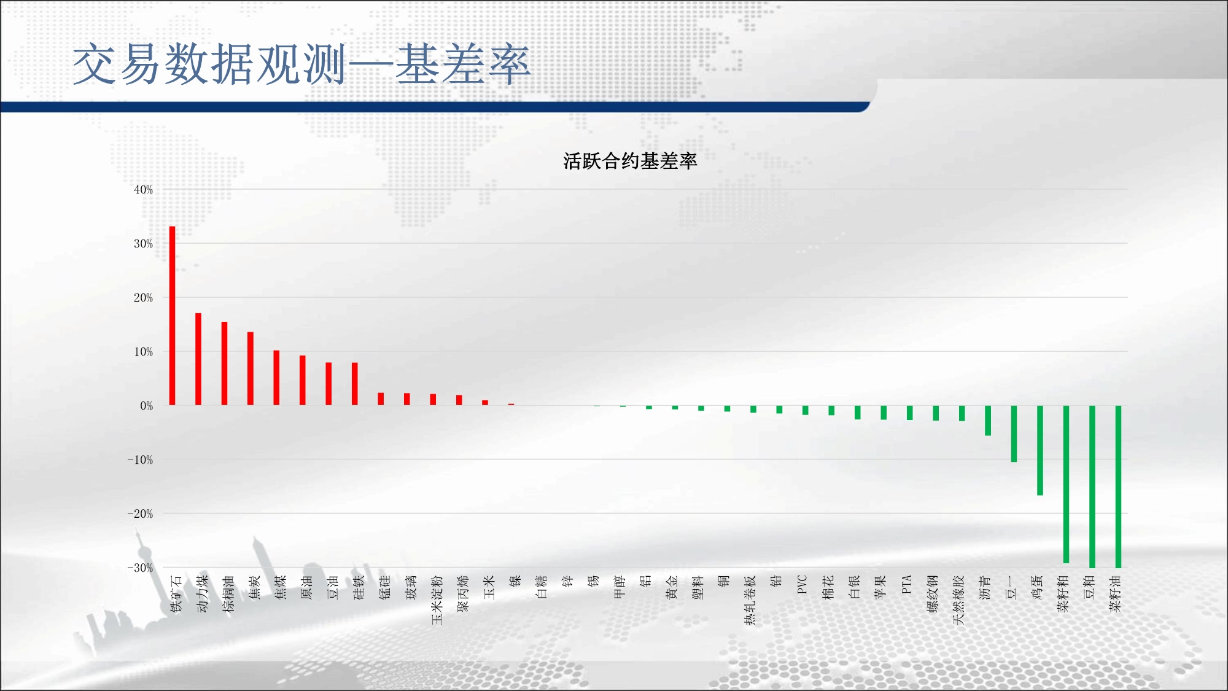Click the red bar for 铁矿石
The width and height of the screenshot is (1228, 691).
click(x=173, y=316)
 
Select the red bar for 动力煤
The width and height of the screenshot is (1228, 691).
click(x=198, y=359)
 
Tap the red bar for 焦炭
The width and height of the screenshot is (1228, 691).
click(x=251, y=369)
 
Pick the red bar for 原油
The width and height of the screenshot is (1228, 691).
click(x=303, y=380)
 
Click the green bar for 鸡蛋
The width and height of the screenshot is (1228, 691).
click(x=1040, y=450)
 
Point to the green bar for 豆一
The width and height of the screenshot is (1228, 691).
click(x=1014, y=434)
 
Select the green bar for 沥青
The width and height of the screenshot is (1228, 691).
click(x=988, y=421)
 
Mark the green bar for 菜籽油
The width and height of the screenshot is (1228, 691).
click(x=1119, y=486)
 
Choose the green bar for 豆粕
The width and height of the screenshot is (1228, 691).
click(x=1092, y=486)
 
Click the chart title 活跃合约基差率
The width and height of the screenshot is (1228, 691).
click(x=630, y=161)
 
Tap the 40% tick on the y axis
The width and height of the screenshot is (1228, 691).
click(x=144, y=190)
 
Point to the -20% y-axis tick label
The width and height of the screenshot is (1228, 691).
click(x=141, y=513)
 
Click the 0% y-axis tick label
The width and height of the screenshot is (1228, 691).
click(x=147, y=406)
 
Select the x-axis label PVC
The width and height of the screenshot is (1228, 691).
click(x=802, y=585)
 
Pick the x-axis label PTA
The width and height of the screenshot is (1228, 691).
click(x=906, y=585)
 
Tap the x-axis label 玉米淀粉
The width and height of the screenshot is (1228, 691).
click(x=437, y=600)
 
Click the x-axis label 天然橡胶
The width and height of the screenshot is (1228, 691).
click(x=958, y=600)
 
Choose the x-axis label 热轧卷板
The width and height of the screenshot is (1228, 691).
click(x=750, y=600)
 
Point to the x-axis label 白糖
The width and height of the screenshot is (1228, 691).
click(x=541, y=587)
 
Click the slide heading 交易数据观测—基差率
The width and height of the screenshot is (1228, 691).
click(x=301, y=64)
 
